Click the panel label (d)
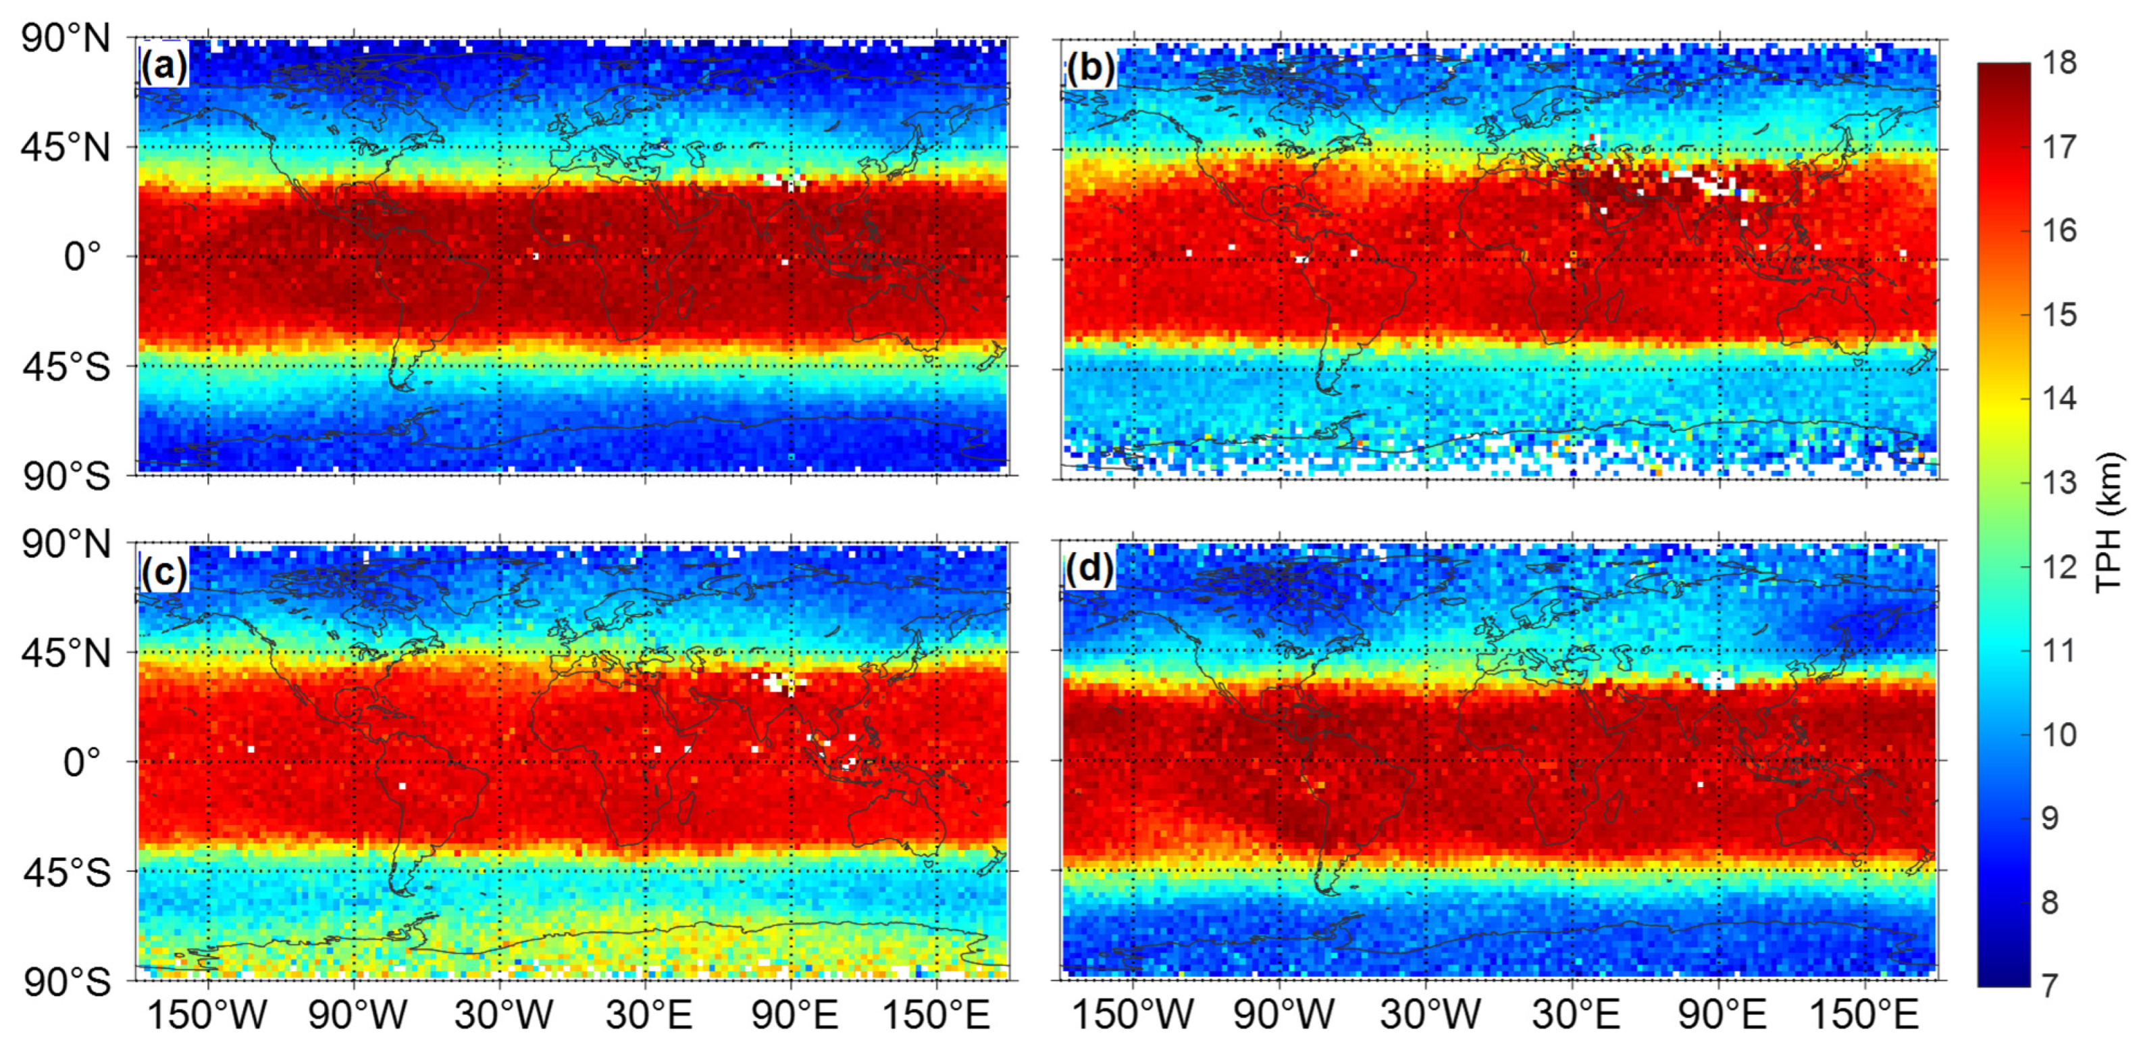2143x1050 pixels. coord(1088,568)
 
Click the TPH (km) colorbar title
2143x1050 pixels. coord(2109,522)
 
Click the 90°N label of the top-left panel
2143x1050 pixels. coord(66,39)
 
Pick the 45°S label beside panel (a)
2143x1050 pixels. coord(66,367)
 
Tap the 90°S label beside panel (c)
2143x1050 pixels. coord(66,982)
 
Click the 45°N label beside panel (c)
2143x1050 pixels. coord(66,653)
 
